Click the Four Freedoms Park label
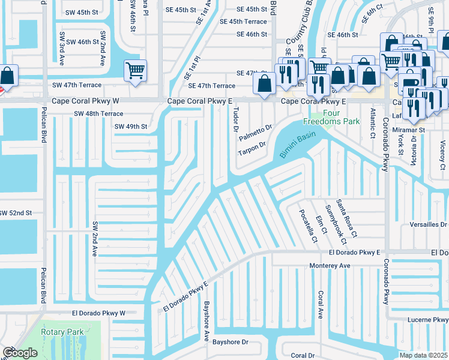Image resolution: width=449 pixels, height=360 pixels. (331, 117)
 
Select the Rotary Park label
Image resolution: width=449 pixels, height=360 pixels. (62, 331)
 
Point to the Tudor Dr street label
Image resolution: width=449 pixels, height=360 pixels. (235, 118)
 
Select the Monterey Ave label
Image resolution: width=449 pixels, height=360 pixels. (329, 265)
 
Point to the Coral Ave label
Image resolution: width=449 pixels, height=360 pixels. (321, 305)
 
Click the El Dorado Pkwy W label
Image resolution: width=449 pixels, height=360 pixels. (98, 313)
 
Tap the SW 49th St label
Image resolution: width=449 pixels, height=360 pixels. (131, 126)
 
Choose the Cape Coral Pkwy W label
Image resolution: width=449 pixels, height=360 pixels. (86, 101)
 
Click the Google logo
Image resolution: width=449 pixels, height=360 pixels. (20, 353)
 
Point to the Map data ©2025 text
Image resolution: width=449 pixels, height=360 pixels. (423, 355)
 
